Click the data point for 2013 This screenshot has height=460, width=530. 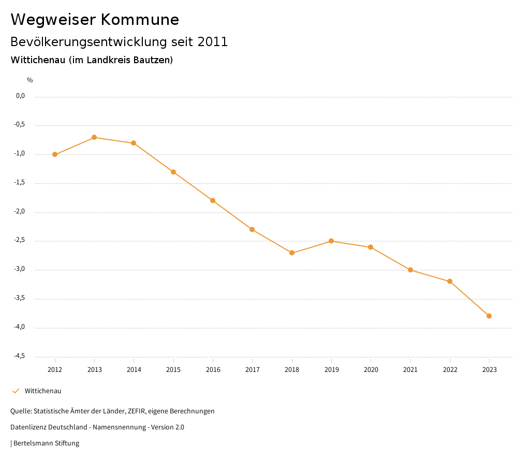94,137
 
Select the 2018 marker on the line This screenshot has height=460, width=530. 292,253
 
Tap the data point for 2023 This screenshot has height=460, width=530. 489,316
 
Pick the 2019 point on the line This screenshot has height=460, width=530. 331,241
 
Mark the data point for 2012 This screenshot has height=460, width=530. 55,154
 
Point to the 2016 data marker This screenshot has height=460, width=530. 213,200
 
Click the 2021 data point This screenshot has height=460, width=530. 410,270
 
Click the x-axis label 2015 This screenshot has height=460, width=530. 173,370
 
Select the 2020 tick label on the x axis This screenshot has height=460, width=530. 371,370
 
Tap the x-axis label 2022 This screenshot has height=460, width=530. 450,370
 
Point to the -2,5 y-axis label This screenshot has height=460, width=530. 20,240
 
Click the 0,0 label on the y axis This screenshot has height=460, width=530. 21,96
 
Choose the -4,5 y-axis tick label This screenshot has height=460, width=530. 20,356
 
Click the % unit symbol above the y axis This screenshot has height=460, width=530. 30,80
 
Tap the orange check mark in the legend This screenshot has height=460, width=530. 16,391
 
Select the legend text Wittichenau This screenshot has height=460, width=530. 43,391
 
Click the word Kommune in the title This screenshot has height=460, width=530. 140,20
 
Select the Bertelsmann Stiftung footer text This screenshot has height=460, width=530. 46,443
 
